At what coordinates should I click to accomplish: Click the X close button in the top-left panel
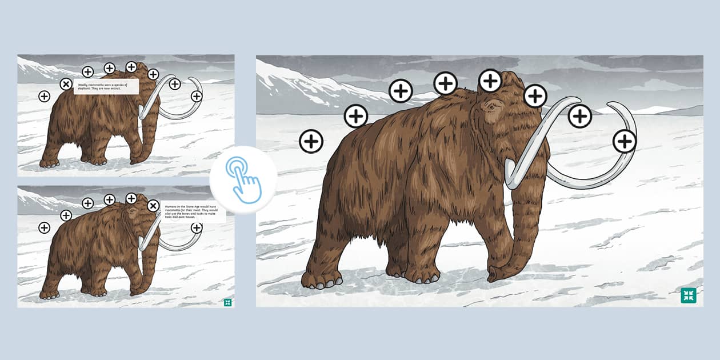[x=66, y=85]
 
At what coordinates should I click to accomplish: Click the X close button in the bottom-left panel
[x=153, y=206]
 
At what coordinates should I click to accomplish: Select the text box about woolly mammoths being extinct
[x=106, y=86]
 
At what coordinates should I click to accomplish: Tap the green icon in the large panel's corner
[x=689, y=295]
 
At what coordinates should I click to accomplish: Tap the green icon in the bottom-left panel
[x=227, y=302]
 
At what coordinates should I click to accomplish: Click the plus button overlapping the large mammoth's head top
[x=490, y=81]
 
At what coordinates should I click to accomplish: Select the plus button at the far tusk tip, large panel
[x=625, y=141]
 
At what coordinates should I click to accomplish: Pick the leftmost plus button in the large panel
[x=311, y=141]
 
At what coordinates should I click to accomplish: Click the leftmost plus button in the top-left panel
[x=44, y=96]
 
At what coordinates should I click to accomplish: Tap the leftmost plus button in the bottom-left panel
[x=44, y=227]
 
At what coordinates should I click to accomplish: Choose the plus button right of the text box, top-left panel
[x=153, y=74]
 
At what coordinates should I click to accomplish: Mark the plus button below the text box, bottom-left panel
[x=197, y=227]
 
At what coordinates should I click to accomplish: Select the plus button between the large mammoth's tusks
[x=580, y=116]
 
